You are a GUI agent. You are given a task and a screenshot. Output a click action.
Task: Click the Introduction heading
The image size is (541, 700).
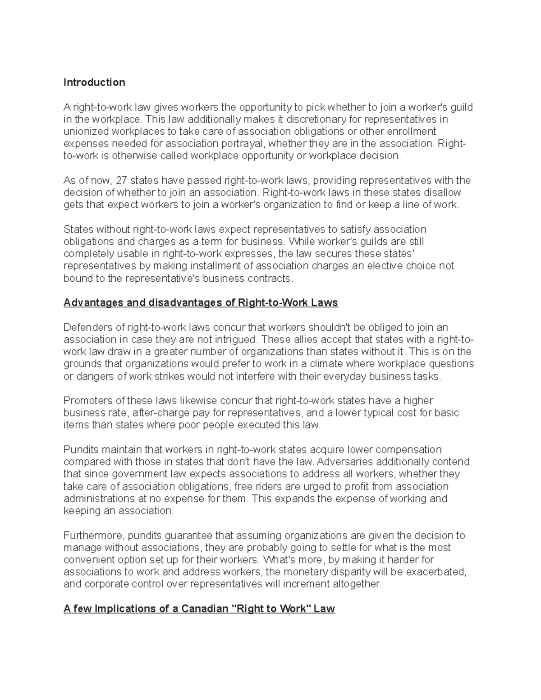94,82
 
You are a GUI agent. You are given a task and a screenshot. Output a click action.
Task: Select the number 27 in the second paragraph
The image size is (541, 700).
122,181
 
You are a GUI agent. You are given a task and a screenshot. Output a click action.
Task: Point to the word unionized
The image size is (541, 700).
84,132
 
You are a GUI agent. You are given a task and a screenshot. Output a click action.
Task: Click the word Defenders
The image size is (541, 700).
87,327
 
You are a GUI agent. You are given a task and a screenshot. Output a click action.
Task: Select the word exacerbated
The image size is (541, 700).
435,572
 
